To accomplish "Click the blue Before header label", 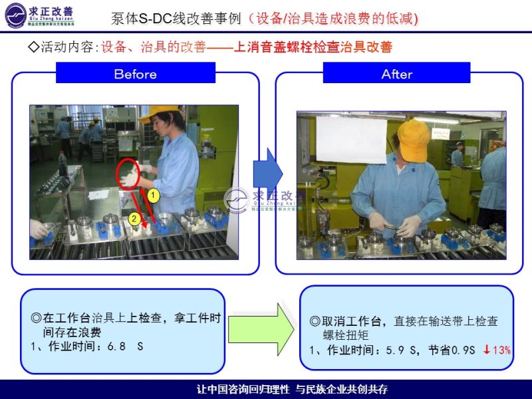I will click(136, 73).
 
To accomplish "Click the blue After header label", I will click(396, 73).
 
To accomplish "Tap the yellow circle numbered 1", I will click(152, 196).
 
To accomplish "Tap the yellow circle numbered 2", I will click(134, 218).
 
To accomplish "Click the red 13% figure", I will click(501, 350).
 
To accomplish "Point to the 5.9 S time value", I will click(401, 350).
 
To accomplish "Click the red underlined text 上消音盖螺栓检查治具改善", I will click(313, 48).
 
